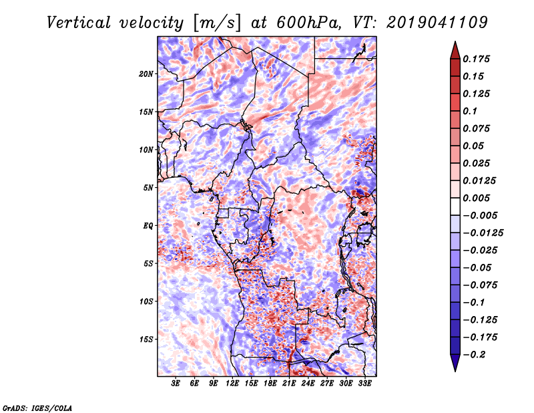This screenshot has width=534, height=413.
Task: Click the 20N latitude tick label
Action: click(x=146, y=74)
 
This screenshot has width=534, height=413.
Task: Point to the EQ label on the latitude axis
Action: click(x=148, y=226)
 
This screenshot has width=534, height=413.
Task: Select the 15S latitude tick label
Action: click(x=146, y=339)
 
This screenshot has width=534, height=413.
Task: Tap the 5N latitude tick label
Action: click(x=148, y=188)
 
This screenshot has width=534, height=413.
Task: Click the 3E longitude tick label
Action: click(x=176, y=384)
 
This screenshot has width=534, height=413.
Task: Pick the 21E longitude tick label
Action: click(x=289, y=384)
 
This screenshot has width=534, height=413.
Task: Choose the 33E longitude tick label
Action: click(x=364, y=384)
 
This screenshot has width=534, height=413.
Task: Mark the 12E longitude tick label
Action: click(x=232, y=384)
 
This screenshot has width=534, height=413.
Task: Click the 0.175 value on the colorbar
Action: click(x=476, y=59)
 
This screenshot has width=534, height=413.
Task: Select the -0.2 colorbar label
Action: click(x=474, y=355)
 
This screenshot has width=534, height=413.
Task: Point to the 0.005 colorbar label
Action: click(x=476, y=198)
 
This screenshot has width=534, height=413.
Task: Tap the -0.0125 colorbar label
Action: click(x=483, y=233)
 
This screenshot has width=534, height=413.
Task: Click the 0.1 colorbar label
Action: click(x=470, y=111)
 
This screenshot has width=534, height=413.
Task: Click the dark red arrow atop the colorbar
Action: click(x=455, y=50)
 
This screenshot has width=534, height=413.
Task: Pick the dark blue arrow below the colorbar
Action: click(x=455, y=363)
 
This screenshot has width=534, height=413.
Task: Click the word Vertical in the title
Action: click(x=79, y=23)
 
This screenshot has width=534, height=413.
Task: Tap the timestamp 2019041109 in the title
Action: click(x=437, y=23)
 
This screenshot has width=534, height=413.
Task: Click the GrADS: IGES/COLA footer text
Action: click(x=37, y=408)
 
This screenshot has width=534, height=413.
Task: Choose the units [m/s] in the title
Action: click(x=217, y=23)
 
